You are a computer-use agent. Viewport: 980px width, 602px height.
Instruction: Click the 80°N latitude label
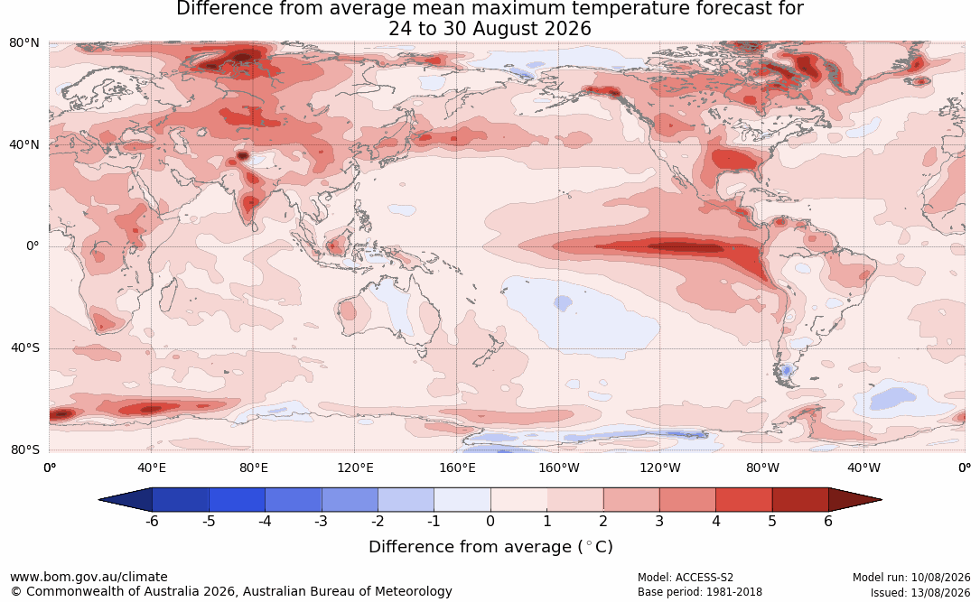(23, 43)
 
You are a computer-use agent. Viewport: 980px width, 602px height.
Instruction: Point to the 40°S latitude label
(25, 347)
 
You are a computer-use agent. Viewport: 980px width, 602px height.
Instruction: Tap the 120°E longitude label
(356, 468)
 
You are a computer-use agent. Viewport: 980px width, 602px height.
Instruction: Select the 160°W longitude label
(559, 468)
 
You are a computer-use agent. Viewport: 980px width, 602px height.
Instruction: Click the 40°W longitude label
(864, 468)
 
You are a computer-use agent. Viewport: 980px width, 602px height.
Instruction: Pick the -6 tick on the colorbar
(151, 521)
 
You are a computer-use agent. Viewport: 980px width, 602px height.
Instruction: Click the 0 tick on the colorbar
(490, 521)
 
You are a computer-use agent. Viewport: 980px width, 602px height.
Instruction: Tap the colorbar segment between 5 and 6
(800, 500)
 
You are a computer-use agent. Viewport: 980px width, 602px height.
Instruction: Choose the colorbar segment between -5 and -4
(237, 500)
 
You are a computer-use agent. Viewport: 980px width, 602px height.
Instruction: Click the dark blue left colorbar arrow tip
(99, 500)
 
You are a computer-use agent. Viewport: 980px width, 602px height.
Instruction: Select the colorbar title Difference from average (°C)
(490, 547)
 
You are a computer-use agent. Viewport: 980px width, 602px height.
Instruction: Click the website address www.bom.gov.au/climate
(89, 577)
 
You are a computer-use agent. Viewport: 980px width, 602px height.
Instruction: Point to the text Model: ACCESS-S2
(686, 578)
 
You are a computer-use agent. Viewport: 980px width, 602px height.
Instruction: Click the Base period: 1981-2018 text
(700, 592)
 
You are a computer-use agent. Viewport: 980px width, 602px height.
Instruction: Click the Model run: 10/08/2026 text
(911, 578)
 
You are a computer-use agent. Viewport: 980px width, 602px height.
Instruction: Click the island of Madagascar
(167, 293)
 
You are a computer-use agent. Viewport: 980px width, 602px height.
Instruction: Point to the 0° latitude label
(33, 246)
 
